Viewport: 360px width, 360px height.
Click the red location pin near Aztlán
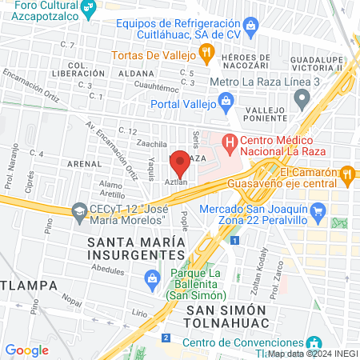(x=180, y=165)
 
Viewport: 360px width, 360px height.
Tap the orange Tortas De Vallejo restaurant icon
(x=207, y=54)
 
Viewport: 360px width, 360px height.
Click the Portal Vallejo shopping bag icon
(x=227, y=102)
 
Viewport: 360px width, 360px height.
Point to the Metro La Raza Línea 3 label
(x=252, y=82)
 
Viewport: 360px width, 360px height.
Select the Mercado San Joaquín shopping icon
(x=318, y=210)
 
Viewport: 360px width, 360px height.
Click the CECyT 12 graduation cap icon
(x=79, y=212)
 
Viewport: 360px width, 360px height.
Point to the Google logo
(x=26, y=350)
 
